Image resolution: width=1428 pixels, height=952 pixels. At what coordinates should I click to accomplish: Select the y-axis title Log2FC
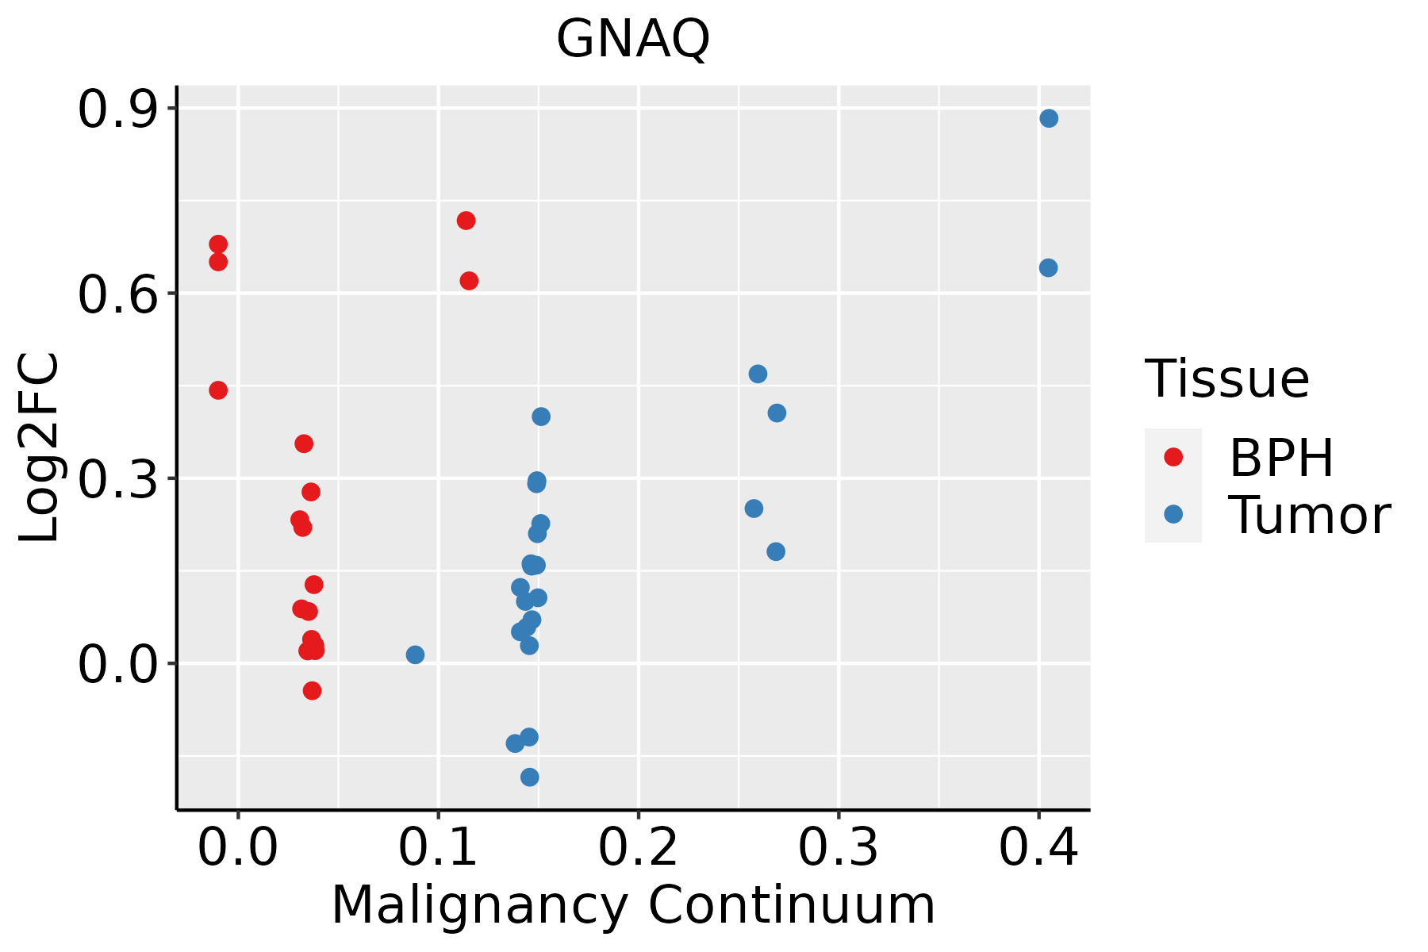(40, 447)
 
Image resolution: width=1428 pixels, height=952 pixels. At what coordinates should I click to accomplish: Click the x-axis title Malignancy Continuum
(633, 905)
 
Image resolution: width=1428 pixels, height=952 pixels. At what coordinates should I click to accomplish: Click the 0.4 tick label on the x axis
(1038, 848)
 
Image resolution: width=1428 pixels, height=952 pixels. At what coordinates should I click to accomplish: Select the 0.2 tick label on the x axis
(638, 848)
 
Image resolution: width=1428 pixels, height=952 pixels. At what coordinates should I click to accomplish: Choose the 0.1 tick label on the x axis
(438, 848)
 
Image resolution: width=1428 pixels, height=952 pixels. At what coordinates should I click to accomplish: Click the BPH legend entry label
(1281, 458)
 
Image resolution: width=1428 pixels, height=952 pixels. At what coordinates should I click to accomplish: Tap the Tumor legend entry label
(1309, 516)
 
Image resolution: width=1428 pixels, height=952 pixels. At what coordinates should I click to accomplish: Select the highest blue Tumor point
(1049, 118)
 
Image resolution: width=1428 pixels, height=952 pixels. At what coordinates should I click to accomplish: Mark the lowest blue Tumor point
(530, 777)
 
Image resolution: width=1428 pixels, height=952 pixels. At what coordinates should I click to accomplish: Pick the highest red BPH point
(466, 221)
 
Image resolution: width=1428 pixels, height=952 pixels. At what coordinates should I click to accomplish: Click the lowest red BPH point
(312, 690)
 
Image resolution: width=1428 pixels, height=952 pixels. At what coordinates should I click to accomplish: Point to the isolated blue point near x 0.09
(415, 654)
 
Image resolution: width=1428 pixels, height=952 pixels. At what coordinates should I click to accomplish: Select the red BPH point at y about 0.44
(218, 390)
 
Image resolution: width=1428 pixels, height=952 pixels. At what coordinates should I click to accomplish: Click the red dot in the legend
(1173, 457)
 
